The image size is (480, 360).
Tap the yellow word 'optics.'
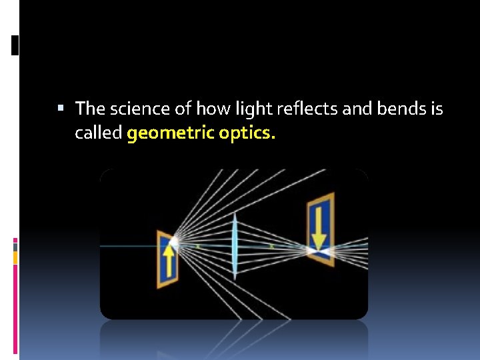click(x=246, y=133)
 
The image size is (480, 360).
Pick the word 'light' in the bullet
click(x=224, y=109)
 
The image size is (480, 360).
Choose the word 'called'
click(x=98, y=133)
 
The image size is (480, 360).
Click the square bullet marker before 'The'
click(x=61, y=107)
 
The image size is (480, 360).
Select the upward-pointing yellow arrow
click(x=169, y=261)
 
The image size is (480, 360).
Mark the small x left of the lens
click(x=197, y=246)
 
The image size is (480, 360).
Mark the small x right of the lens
click(x=271, y=246)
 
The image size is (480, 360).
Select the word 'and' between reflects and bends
click(x=317, y=109)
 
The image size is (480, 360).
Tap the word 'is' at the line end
click(x=437, y=109)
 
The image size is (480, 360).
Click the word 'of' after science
click(x=165, y=109)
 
